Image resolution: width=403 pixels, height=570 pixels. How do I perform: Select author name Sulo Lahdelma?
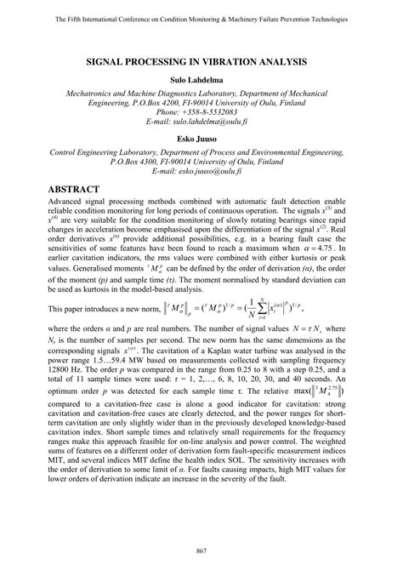[x=201, y=79]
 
